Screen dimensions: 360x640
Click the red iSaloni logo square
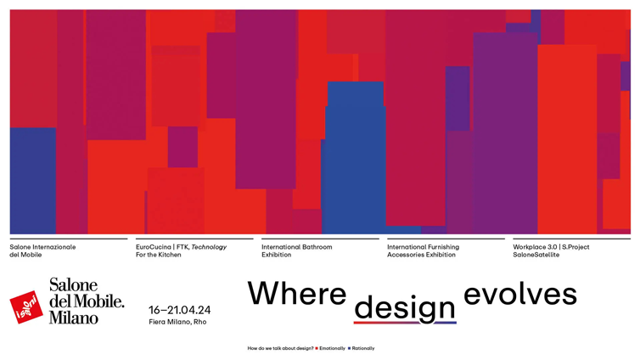point(26,307)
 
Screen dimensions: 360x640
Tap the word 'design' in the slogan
point(405,307)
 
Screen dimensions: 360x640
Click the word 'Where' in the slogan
point(297,294)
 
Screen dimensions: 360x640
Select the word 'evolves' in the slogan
point(520,294)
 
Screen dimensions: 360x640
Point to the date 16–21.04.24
point(180,310)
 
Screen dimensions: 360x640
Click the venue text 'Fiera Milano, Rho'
point(177,323)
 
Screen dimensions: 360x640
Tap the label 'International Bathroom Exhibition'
point(296,250)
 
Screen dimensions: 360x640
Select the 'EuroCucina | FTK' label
point(162,247)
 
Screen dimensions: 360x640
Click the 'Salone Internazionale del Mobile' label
point(42,250)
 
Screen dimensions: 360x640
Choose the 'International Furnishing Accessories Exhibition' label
point(423,250)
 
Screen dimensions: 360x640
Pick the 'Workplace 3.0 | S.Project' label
point(551,247)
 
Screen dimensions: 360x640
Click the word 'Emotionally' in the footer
point(332,348)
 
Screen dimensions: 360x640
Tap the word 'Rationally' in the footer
point(362,348)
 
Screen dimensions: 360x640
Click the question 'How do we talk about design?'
point(280,348)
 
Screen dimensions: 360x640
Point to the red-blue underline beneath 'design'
point(405,323)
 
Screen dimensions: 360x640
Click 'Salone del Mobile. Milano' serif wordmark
point(86,301)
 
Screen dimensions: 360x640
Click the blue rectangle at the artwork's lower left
point(32,180)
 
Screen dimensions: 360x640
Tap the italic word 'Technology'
point(209,247)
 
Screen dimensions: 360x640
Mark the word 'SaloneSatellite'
point(536,255)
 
